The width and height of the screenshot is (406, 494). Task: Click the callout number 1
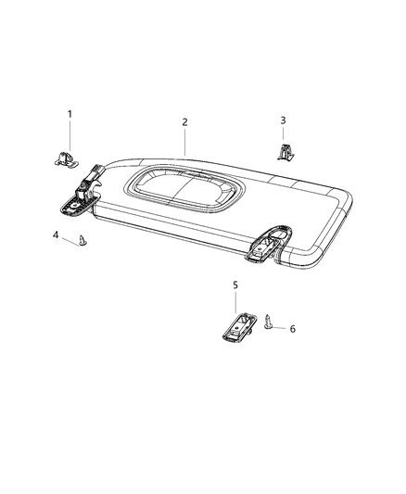pos(68,114)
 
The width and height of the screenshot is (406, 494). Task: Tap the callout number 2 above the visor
pos(184,122)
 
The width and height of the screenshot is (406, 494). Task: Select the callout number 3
pos(284,120)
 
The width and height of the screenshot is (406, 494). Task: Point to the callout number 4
pos(56,235)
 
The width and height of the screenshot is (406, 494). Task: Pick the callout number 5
pos(235,285)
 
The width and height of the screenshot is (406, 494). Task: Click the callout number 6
pos(293,329)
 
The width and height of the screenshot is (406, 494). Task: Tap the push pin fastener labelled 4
pos(83,242)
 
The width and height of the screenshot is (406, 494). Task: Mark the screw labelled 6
pos(269,324)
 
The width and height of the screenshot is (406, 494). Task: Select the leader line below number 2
pos(184,141)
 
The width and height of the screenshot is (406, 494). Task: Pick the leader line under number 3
pos(284,134)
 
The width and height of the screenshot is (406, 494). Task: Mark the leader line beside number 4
pos(70,239)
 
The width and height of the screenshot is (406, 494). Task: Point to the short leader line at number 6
pos(281,328)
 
